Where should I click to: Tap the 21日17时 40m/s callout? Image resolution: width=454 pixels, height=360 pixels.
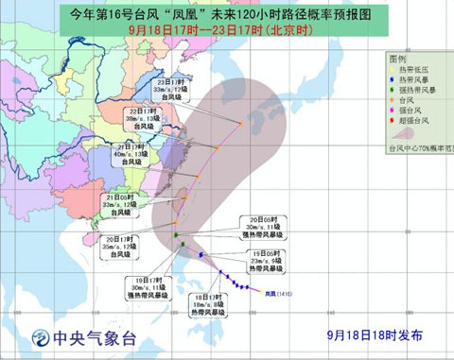coord(133,157)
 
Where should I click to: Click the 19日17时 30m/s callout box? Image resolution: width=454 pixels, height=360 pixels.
coord(144,287)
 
